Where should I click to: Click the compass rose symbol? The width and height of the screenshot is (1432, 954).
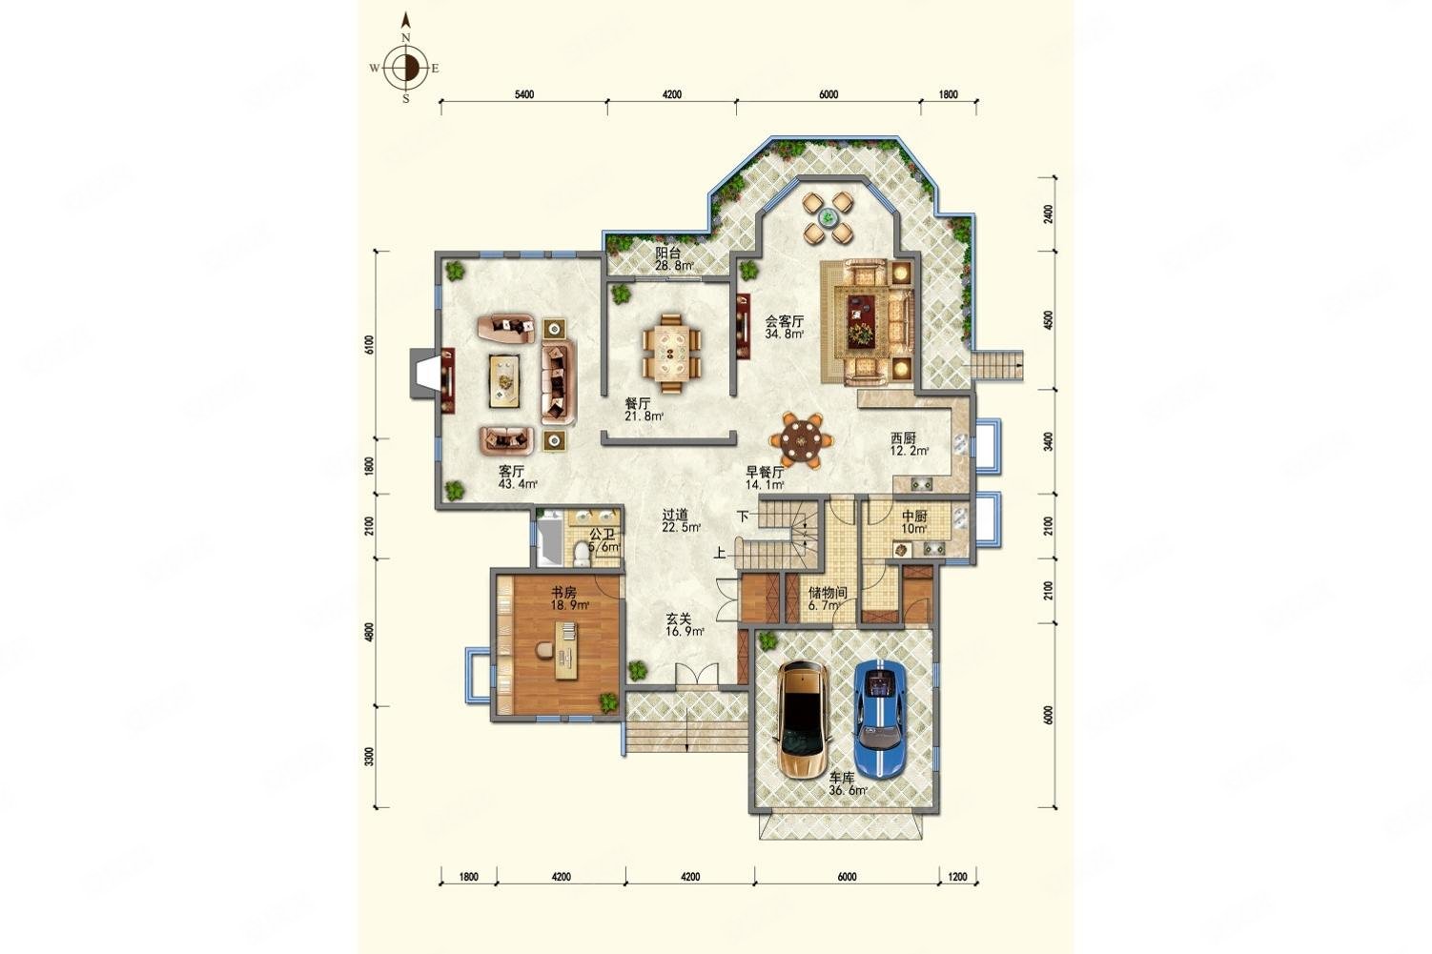406,68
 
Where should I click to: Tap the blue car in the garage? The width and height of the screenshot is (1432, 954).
878,705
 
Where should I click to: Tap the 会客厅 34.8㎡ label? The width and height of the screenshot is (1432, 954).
785,328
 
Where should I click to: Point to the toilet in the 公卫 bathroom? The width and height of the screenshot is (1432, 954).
583,551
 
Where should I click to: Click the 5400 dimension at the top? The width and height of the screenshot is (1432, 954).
523,94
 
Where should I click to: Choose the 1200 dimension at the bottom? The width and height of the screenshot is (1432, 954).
957,877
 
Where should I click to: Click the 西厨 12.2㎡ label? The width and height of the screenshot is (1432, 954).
909,445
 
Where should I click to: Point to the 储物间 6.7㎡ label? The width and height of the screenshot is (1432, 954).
827,599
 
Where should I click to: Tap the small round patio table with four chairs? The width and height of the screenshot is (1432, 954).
827,218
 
